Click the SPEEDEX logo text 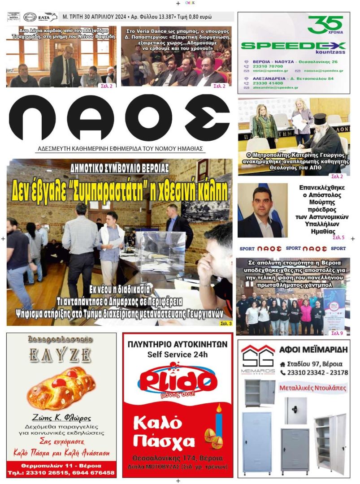click(293, 46)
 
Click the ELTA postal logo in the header click(47, 17)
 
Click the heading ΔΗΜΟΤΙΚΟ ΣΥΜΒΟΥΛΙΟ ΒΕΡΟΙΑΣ click(119, 169)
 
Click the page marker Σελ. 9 click(337, 333)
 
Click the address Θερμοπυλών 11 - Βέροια click(61, 465)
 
